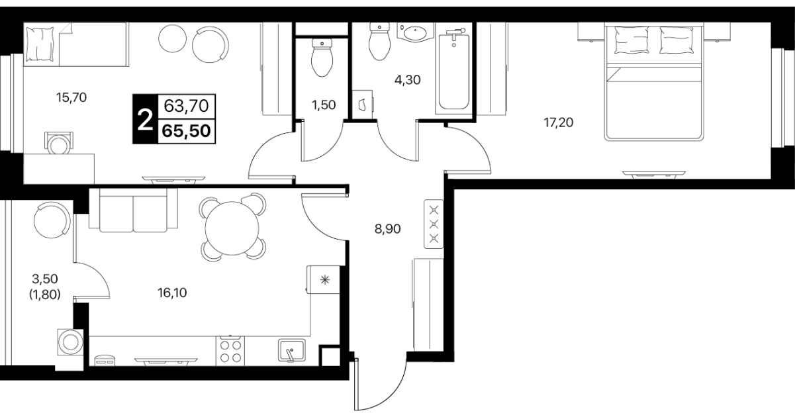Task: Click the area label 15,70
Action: point(71,97)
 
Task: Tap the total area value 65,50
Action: point(186,131)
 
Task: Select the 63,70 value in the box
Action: point(186,106)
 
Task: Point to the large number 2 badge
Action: point(145,119)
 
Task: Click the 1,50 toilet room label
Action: point(324,105)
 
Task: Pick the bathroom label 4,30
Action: point(408,80)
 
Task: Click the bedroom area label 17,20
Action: point(559,122)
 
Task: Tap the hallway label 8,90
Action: point(387,229)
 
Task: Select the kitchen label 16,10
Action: point(172,293)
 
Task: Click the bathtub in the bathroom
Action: point(453,70)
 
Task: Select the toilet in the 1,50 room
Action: point(322,58)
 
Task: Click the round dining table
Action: point(232,228)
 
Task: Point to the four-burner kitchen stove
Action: point(230,351)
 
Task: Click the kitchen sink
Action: point(292,351)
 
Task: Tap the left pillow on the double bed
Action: point(631,40)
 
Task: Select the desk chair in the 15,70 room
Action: point(59,143)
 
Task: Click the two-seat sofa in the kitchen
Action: point(133,210)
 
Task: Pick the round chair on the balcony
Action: point(52,220)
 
